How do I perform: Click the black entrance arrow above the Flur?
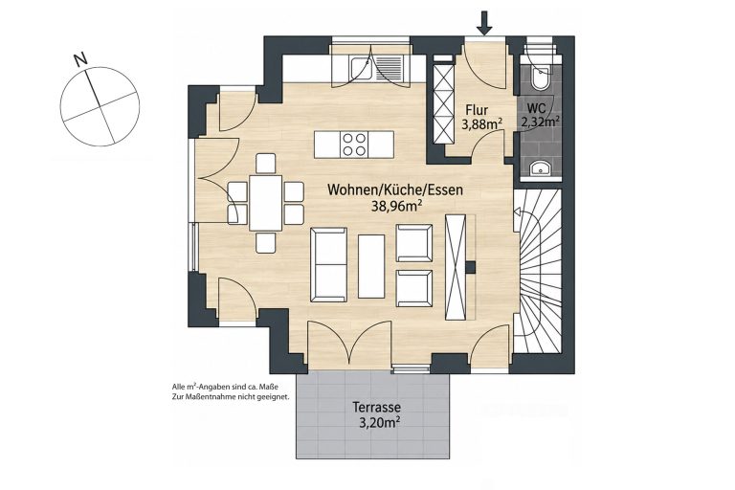click(x=485, y=23)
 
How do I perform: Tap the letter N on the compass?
click(x=81, y=59)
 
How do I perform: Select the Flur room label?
click(x=477, y=111)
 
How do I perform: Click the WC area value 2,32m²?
click(x=541, y=122)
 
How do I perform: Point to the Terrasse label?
click(x=376, y=408)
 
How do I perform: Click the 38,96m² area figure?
click(x=395, y=206)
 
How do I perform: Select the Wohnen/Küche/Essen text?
click(x=395, y=189)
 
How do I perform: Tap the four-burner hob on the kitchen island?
click(x=354, y=145)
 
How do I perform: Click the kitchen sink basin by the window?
click(x=361, y=69)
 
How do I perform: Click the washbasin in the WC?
click(x=541, y=167)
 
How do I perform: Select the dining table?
click(x=266, y=203)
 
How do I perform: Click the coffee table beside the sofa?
click(x=371, y=266)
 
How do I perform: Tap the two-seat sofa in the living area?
click(x=329, y=265)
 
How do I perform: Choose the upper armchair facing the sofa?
click(x=414, y=243)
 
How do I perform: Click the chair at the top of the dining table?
click(x=266, y=164)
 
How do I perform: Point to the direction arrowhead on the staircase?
click(x=517, y=212)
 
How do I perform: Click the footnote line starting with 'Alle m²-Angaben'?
click(x=226, y=388)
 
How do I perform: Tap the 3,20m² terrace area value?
click(x=379, y=423)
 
